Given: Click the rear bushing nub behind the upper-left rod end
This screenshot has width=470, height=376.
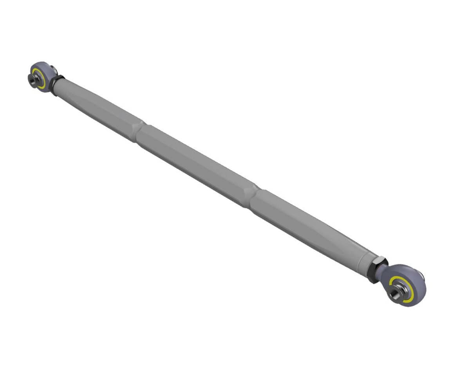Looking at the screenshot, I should tap(53, 70).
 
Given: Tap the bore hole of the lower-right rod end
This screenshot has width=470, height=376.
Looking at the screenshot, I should tap(395, 293).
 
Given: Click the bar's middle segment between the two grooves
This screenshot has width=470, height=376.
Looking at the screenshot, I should tap(196, 163).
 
